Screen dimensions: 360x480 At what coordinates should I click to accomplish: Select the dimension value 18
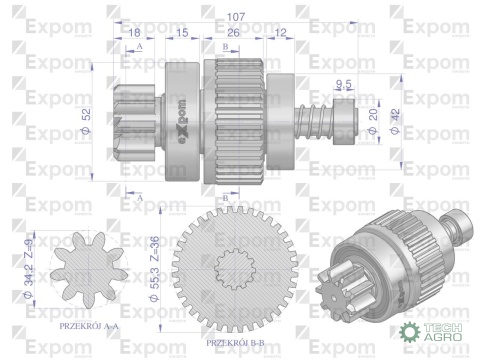135,33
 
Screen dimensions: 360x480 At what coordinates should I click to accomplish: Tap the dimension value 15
183,33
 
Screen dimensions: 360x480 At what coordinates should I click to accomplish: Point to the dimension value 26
232,33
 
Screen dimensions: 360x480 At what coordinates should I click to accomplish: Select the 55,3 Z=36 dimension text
156,262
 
